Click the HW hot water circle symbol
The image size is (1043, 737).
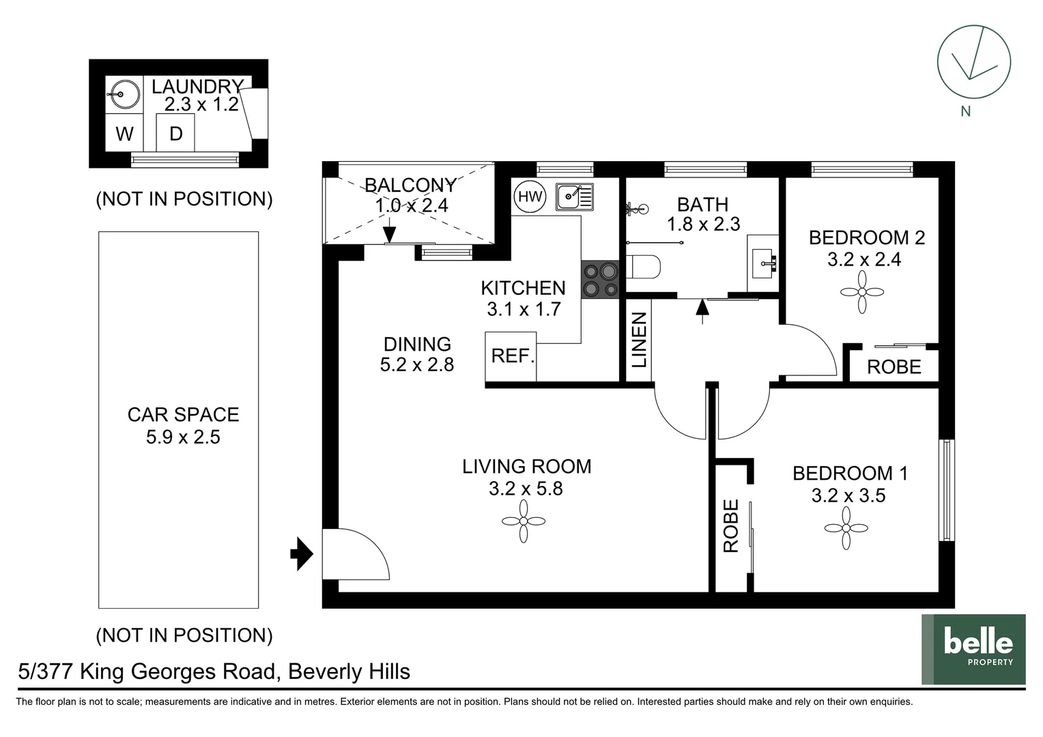point(530,197)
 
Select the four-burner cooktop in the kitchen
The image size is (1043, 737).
point(600,280)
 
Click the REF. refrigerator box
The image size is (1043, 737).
point(511,356)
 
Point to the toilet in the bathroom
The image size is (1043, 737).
point(642,267)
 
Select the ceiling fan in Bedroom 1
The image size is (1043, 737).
point(846,528)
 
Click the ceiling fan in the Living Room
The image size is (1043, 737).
point(524,521)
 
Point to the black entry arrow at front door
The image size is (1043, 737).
point(301,554)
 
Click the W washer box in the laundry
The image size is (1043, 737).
point(124,134)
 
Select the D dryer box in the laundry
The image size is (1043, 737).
point(175,134)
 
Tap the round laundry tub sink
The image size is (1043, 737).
point(124,94)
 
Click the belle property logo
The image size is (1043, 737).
point(973,649)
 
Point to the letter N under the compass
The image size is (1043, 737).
point(965,111)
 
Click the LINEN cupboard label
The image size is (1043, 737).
point(639,340)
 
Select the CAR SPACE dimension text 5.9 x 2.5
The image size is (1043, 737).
point(183,437)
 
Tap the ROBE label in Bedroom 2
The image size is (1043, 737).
point(894,367)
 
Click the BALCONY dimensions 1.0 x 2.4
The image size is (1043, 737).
point(411,205)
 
